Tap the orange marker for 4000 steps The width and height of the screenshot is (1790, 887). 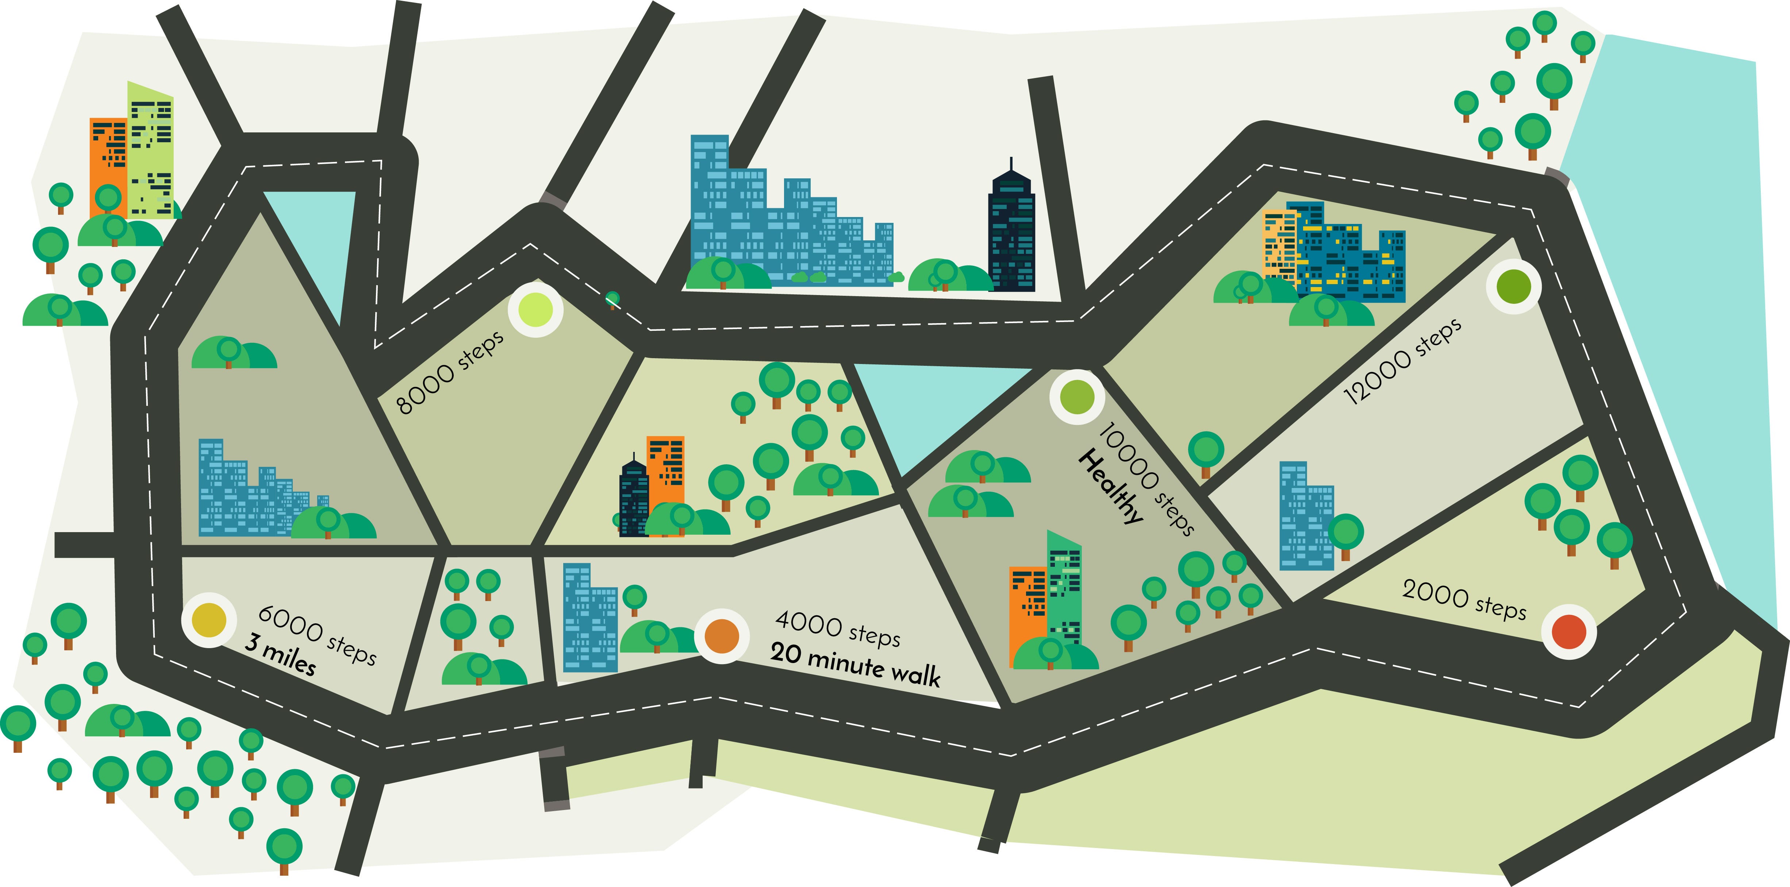[722, 636]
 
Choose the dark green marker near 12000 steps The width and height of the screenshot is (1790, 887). [1513, 286]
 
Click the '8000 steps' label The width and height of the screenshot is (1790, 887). [450, 373]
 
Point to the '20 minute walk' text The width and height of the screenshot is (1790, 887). [855, 665]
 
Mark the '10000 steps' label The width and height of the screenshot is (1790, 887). [1146, 479]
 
